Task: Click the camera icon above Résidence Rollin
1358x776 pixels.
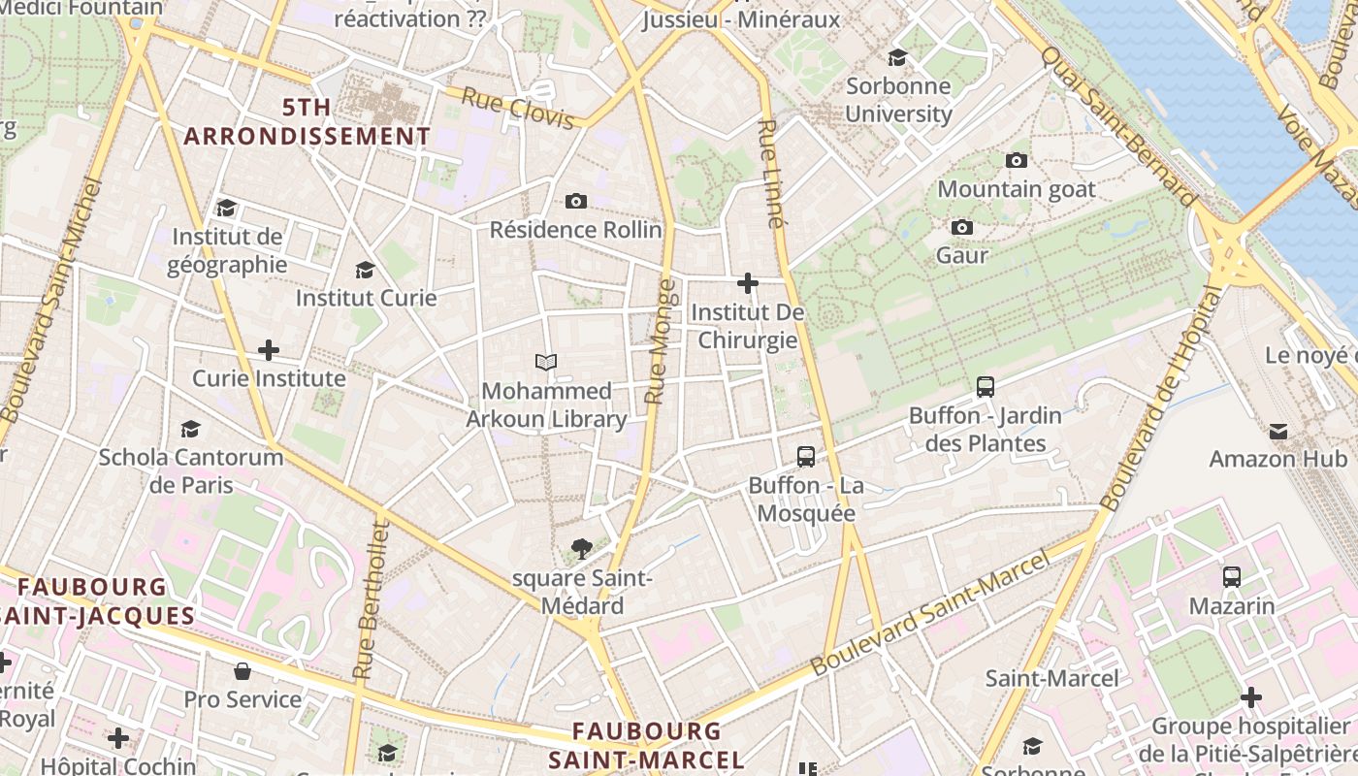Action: pos(576,201)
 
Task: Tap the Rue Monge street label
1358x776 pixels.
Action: pos(659,341)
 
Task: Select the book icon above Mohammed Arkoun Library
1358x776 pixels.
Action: pos(546,362)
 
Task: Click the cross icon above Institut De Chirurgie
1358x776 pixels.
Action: pos(747,283)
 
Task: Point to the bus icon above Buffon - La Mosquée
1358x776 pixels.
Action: pos(805,456)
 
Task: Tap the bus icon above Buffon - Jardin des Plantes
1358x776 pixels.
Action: pos(986,386)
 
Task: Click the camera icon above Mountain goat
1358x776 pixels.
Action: pos(1017,160)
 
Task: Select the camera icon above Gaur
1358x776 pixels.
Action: pos(962,227)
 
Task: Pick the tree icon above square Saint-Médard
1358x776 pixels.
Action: pos(582,549)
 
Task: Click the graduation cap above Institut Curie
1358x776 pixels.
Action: pos(366,270)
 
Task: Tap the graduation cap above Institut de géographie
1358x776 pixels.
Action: pos(226,208)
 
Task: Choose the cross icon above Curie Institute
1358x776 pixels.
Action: pos(269,349)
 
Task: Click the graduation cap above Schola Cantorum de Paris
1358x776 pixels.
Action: pos(190,429)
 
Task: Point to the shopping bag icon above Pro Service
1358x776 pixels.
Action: pos(242,671)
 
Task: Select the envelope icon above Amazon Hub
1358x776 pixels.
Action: pos(1278,431)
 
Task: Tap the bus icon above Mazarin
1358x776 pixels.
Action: pos(1232,577)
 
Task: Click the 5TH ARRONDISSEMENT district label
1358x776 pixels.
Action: pos(307,121)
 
